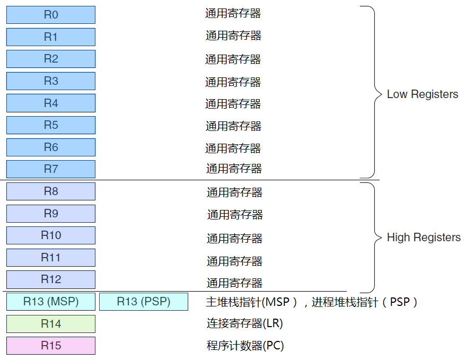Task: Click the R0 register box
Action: pos(51,15)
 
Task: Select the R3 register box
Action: pos(51,81)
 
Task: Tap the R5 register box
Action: pos(51,125)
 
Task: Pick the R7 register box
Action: pos(51,169)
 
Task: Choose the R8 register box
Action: pos(51,191)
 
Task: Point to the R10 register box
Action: pos(51,235)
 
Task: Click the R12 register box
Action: pos(51,279)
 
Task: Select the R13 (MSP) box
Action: pos(51,302)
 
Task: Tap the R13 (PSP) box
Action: pos(144,302)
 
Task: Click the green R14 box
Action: pos(51,324)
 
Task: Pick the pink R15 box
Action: pos(51,346)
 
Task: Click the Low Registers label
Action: pos(423,94)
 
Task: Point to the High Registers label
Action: pos(424,238)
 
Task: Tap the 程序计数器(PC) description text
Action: pos(245,346)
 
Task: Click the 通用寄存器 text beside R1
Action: pos(233,36)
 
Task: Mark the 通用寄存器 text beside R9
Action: pos(235,215)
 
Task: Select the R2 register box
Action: pos(51,59)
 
